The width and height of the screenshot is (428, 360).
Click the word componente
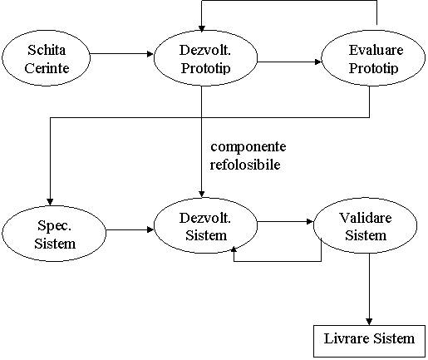pos(248,146)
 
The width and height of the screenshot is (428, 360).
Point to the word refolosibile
pos(245,165)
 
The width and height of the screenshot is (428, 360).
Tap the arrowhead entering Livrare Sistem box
pos(369,322)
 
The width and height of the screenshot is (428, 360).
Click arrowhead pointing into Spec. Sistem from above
pos(50,202)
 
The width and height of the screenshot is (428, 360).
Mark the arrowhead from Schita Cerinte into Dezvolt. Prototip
pos(150,54)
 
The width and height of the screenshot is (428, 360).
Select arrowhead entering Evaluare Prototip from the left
pos(317,62)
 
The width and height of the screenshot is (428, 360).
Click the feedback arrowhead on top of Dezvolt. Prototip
pos(202,28)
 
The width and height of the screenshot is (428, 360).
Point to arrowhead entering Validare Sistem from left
pos(309,221)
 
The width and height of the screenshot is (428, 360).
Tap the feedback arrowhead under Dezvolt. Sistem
pos(234,249)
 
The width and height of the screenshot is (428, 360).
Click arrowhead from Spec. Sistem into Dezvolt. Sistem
pos(150,229)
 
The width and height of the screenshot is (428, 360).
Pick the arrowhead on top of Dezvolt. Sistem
pos(202,194)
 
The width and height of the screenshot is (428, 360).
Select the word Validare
pos(365,218)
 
